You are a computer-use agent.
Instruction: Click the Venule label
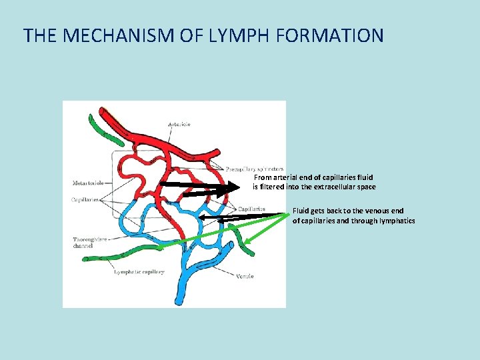(245, 276)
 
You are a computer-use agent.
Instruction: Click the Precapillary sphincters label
(254, 169)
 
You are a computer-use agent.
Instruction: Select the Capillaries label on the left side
(85, 199)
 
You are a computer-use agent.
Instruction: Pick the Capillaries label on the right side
(251, 209)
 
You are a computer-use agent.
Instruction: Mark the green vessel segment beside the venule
(241, 241)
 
